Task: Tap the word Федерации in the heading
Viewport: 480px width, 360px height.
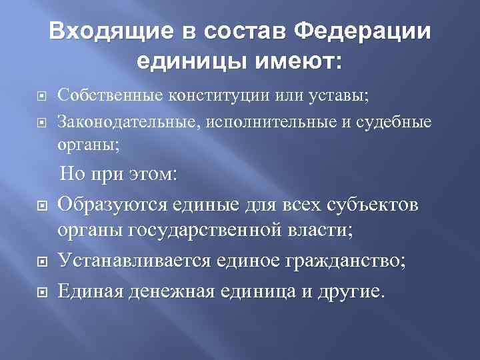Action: [x=363, y=31]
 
